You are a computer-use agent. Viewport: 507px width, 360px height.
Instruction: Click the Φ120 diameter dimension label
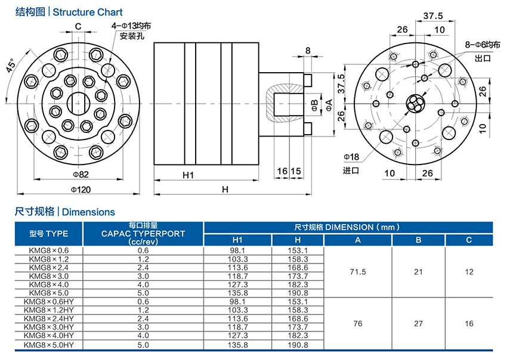79,189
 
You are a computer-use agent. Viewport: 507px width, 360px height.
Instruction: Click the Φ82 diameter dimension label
80,174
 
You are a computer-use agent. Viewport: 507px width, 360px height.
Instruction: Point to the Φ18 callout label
351,157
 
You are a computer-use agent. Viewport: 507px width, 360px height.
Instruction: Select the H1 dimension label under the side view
188,175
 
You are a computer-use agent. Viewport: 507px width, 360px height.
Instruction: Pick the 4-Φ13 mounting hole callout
132,26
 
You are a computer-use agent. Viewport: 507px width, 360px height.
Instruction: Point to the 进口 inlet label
351,170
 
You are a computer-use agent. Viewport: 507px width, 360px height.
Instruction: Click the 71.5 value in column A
358,272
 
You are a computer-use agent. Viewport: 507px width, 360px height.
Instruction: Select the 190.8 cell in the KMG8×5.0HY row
297,345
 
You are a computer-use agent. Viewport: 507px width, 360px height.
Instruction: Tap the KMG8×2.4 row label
49,268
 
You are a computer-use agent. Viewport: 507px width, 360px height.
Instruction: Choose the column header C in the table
469,240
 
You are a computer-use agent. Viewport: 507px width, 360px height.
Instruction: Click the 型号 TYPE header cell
49,233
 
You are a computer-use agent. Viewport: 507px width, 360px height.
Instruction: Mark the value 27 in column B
418,324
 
